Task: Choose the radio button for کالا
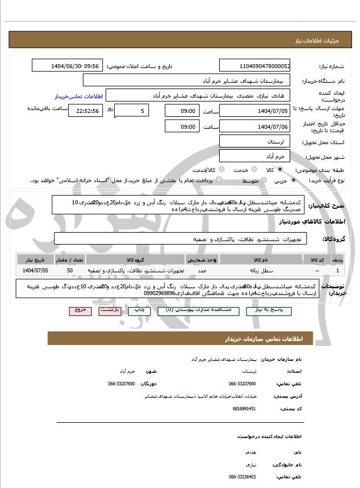[279, 170]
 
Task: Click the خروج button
[78, 311]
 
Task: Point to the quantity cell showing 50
[69, 271]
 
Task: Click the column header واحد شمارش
[201, 260]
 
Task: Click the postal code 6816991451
[245, 408]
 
